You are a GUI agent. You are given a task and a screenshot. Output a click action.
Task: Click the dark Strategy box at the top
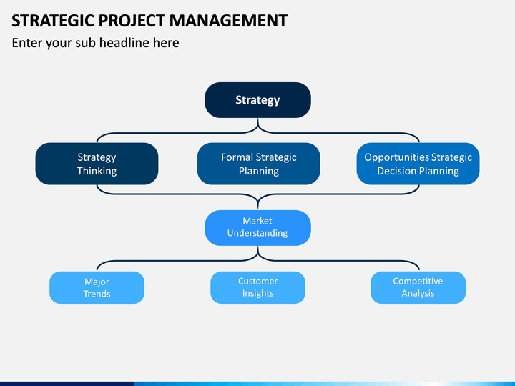click(x=257, y=100)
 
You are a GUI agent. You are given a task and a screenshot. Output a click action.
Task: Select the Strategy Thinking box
click(x=97, y=164)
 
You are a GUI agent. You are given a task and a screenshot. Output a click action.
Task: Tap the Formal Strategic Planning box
click(x=259, y=164)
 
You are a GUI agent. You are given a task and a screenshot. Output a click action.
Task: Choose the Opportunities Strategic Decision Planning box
click(x=418, y=164)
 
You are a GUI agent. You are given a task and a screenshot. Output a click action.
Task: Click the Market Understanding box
click(x=257, y=228)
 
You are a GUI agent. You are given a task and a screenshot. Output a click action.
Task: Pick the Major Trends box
click(x=97, y=287)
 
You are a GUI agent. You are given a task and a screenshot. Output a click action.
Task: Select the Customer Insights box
click(x=257, y=287)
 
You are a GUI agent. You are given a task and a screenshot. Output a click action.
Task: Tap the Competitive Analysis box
click(x=418, y=287)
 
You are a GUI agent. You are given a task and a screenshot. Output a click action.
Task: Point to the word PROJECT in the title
click(x=132, y=21)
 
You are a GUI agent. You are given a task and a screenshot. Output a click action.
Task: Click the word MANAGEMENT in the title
click(x=229, y=21)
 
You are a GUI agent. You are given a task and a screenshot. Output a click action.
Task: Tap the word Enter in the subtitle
click(x=27, y=43)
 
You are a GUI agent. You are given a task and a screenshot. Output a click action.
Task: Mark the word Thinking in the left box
click(x=97, y=172)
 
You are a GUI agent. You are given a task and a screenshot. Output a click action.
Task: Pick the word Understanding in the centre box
click(x=257, y=233)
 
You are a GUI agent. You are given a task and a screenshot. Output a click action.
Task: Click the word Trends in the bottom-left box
click(x=97, y=294)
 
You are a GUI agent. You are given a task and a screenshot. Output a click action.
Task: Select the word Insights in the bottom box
click(x=257, y=294)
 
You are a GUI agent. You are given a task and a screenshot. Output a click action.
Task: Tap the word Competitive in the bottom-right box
click(x=418, y=282)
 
